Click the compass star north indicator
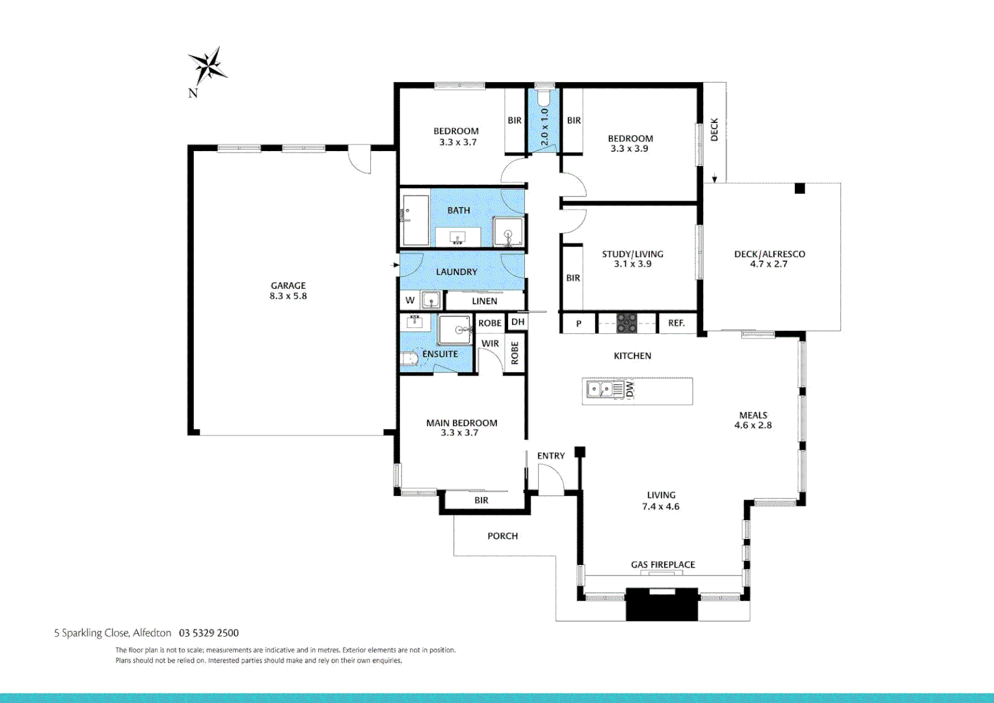[208, 66]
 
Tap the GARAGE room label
[288, 286]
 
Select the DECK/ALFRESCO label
[770, 254]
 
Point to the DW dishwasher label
[630, 390]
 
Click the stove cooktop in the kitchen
[626, 323]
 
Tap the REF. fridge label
[676, 323]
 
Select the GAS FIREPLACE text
[663, 564]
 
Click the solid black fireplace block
[662, 606]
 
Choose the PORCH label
[502, 536]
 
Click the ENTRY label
[551, 456]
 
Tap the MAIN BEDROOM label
[462, 423]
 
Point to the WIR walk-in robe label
[490, 344]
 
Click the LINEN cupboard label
[485, 301]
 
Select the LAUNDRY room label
[457, 271]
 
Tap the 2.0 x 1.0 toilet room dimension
[544, 126]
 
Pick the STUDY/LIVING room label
[632, 254]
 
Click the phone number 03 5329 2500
[209, 633]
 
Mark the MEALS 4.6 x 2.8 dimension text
[753, 425]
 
